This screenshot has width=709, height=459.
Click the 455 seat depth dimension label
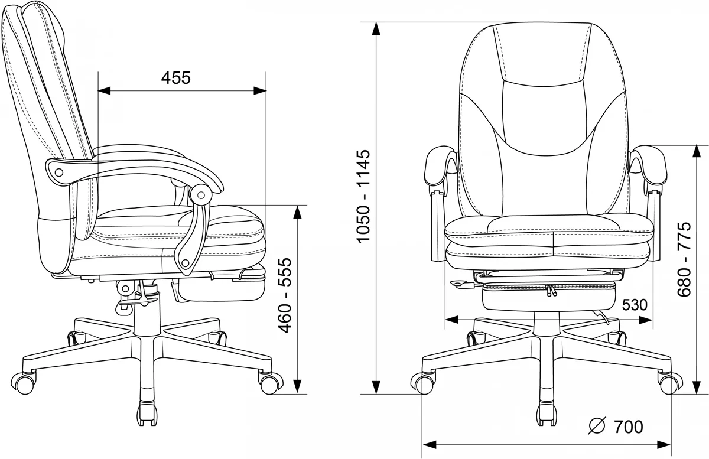[x=176, y=78]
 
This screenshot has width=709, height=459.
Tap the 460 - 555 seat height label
[x=285, y=295]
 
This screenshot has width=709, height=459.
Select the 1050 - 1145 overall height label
[x=363, y=196]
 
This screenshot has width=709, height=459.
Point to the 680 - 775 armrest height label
[x=684, y=259]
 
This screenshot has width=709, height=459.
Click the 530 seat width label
[x=635, y=305]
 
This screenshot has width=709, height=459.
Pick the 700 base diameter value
[x=629, y=427]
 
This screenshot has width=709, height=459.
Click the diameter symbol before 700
[x=597, y=426]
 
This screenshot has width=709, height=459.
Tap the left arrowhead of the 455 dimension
[x=104, y=91]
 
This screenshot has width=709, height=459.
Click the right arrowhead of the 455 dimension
[x=260, y=91]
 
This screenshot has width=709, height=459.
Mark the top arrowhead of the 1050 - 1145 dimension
[x=376, y=28]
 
